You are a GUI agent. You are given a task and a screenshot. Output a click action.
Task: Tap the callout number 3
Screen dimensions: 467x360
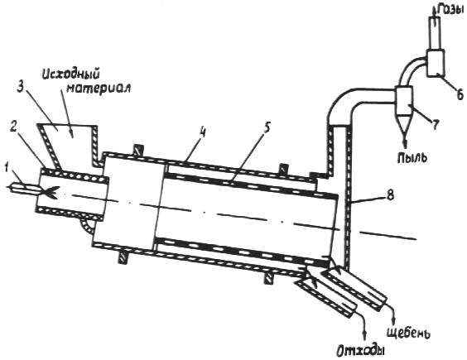point(20,87)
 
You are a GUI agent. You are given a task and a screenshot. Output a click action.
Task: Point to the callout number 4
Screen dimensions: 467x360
point(203,132)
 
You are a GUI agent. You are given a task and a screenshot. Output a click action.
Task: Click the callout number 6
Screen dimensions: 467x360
point(459,94)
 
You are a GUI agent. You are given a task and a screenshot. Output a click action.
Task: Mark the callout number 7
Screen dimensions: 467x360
point(436,125)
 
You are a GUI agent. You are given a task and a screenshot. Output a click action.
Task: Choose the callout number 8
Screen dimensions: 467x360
point(391,195)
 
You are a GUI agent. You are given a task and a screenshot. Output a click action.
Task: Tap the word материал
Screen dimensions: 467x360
point(98,89)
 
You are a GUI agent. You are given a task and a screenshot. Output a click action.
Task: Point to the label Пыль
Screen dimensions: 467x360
point(412,157)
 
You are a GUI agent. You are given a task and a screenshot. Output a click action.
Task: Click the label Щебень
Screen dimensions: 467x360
point(409,333)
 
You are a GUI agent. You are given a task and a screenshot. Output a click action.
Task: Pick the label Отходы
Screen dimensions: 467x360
point(361,351)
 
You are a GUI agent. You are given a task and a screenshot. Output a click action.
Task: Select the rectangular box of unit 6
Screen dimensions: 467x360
point(436,63)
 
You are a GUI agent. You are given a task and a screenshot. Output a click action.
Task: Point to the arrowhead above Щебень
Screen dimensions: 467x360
point(394,322)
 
